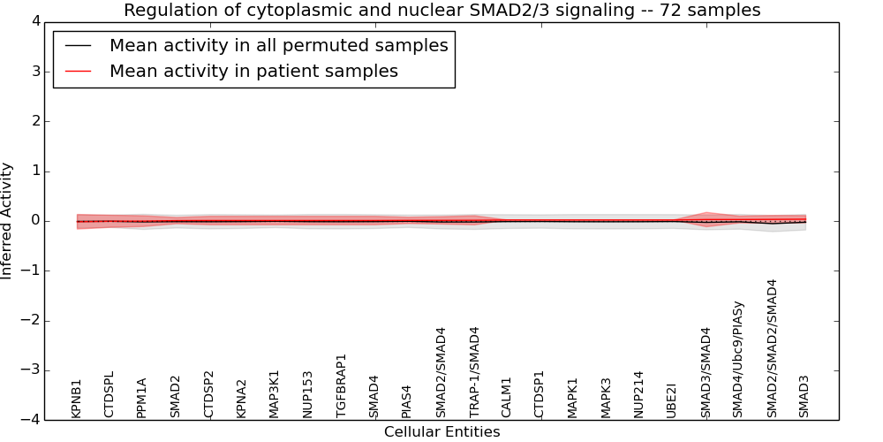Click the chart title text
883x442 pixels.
(x=441, y=11)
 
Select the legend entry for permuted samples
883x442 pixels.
(x=278, y=46)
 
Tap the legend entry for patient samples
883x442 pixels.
(x=253, y=72)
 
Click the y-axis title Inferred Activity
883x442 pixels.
(x=8, y=221)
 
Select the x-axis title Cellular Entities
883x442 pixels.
(x=441, y=432)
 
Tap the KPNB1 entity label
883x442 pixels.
(x=77, y=398)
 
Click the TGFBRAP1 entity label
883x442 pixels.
(x=342, y=385)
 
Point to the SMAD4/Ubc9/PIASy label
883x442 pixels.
(x=739, y=359)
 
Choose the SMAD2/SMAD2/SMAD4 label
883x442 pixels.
(x=772, y=348)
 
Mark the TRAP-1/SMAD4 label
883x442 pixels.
(x=474, y=372)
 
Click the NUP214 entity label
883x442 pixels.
(x=639, y=393)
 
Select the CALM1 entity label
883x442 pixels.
(x=507, y=397)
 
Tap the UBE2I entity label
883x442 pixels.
(x=672, y=400)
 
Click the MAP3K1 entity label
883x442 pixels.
(x=275, y=393)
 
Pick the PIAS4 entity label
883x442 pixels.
(x=407, y=400)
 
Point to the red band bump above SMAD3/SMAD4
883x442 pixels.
(x=706, y=215)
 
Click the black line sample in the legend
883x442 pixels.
(x=79, y=46)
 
